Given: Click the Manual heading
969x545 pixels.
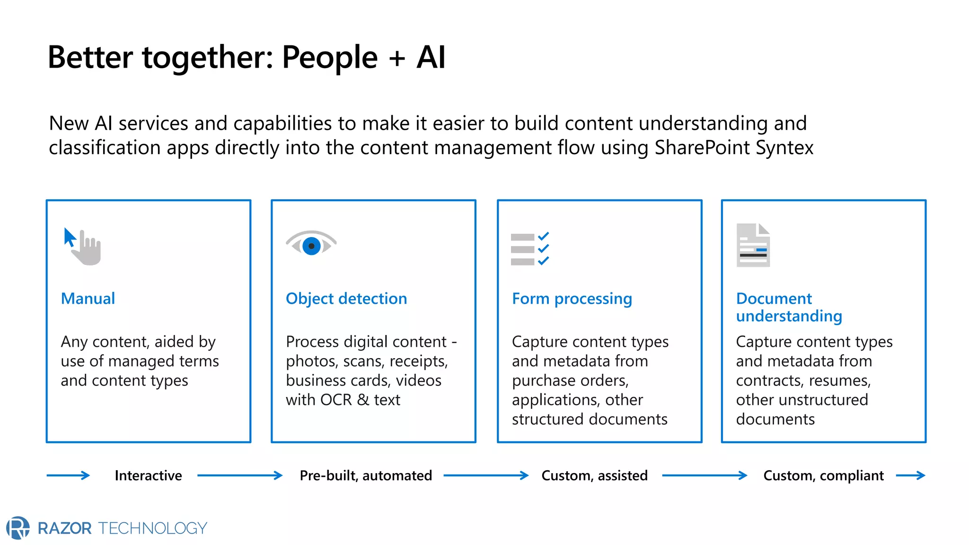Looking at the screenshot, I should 88,299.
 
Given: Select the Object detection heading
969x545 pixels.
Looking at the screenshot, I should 346,299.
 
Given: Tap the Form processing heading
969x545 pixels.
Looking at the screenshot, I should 572,299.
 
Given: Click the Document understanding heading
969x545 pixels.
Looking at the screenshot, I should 789,307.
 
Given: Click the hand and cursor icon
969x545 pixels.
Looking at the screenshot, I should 83,246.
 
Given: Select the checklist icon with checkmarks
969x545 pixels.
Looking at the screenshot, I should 530,249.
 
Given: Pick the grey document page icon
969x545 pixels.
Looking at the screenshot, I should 753,245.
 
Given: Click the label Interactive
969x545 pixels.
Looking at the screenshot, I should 148,475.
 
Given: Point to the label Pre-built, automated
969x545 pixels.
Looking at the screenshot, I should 366,475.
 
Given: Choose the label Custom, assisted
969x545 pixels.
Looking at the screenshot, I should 594,475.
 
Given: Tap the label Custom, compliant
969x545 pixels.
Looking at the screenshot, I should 823,475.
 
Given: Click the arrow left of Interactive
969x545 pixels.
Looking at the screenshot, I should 69,475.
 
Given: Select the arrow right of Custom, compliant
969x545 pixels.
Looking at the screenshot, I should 911,475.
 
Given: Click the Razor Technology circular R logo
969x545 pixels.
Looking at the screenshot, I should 18,527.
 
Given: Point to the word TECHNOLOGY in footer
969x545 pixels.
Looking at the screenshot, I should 153,528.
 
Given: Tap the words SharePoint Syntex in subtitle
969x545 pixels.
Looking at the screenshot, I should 734,148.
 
